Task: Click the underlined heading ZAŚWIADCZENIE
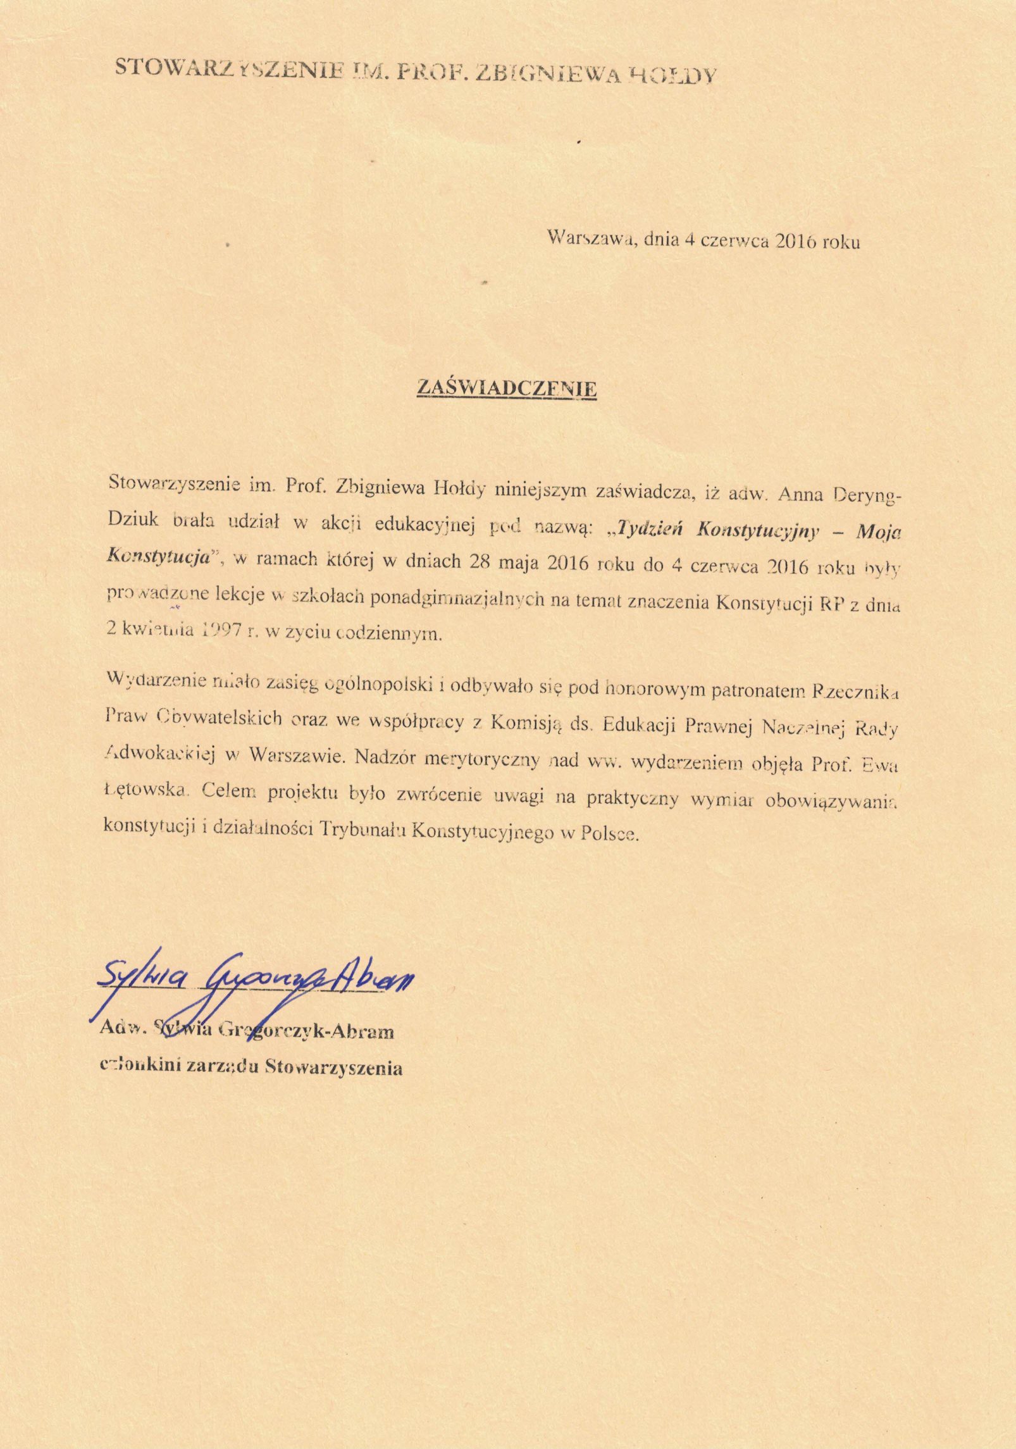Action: [506, 388]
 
